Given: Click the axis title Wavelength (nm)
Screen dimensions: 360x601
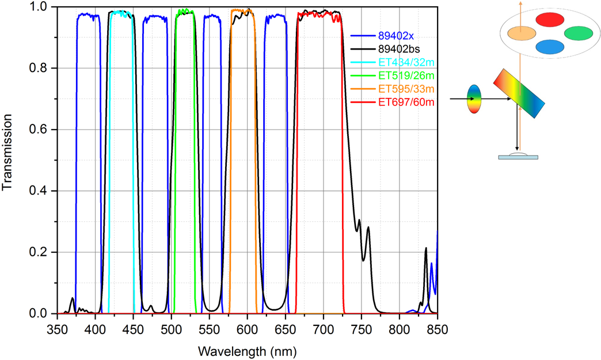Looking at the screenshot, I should [248, 350].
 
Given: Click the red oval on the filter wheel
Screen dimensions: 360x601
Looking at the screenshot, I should [551, 20].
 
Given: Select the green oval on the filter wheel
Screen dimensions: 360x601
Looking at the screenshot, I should [579, 33].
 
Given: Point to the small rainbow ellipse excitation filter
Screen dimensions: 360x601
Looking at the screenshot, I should [474, 98].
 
